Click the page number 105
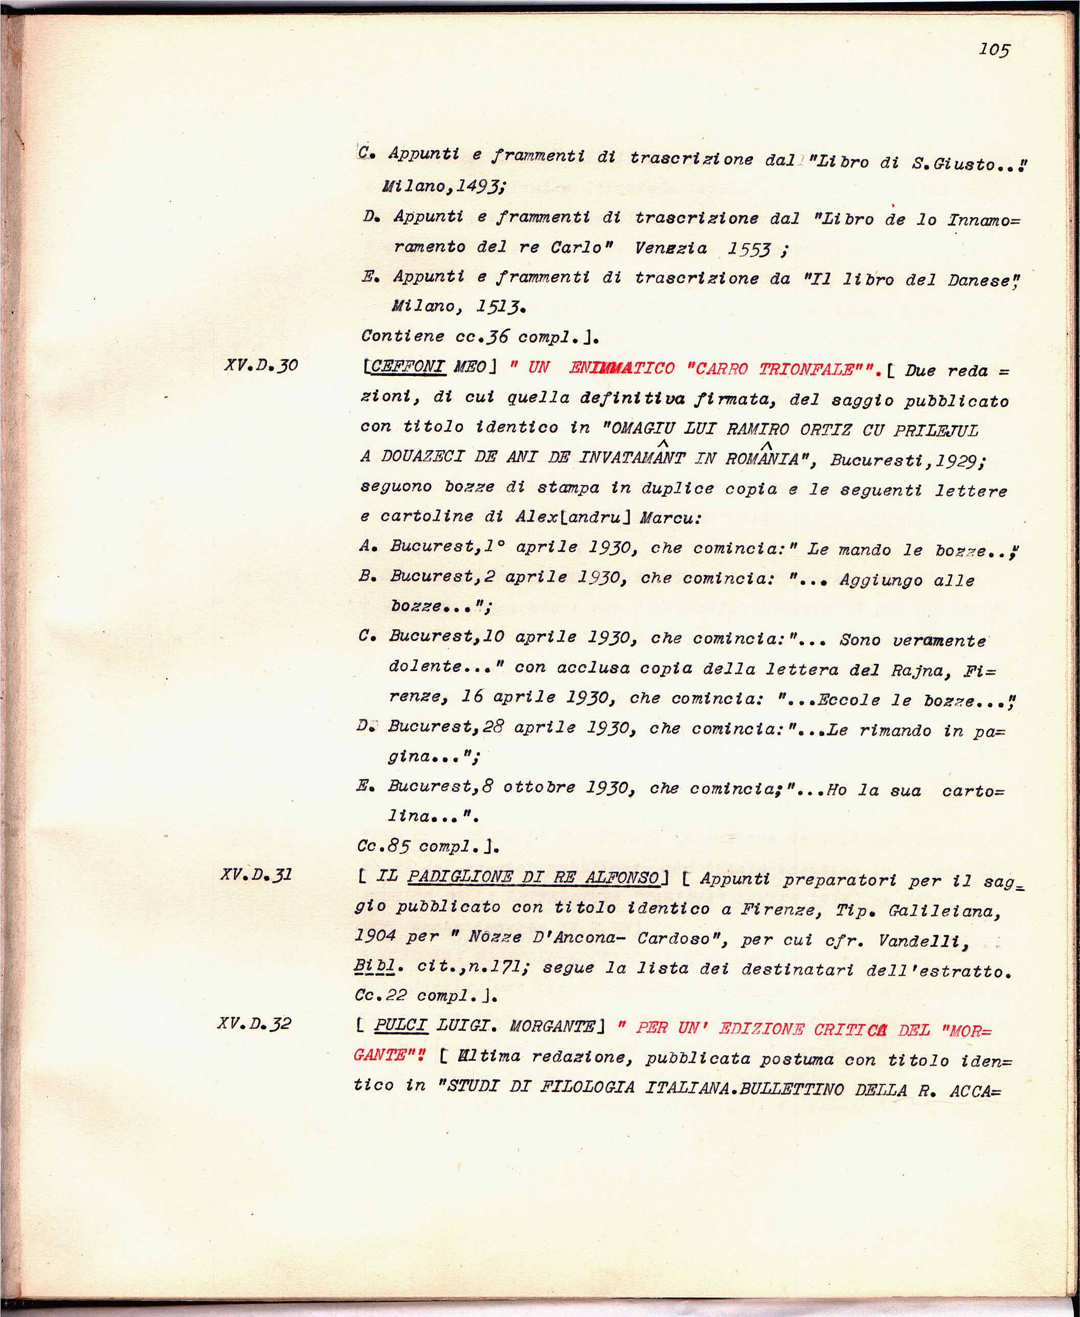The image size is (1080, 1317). click(x=994, y=50)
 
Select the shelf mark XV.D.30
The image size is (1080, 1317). click(x=261, y=365)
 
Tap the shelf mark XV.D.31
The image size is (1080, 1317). click(x=256, y=874)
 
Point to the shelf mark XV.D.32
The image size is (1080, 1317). click(x=254, y=1023)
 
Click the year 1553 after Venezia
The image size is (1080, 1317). click(x=749, y=250)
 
